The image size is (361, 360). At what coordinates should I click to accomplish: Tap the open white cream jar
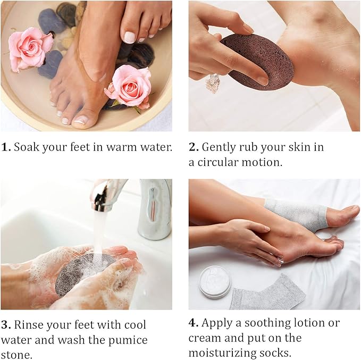click(x=215, y=282)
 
